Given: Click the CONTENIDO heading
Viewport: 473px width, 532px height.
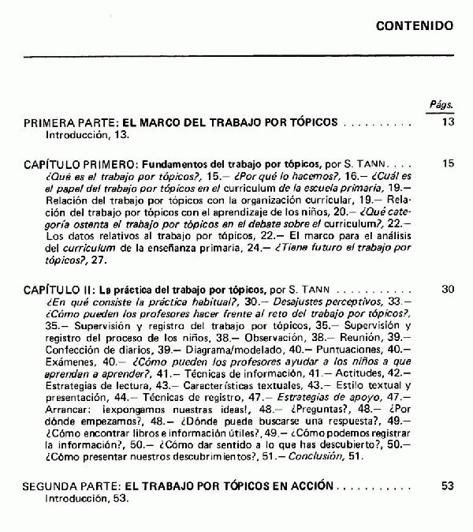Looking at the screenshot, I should (415, 25).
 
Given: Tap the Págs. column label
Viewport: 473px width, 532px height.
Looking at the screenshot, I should (441, 103).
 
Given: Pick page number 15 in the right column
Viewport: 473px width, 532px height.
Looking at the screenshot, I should (449, 163).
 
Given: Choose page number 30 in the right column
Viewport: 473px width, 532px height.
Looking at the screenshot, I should (449, 290).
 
